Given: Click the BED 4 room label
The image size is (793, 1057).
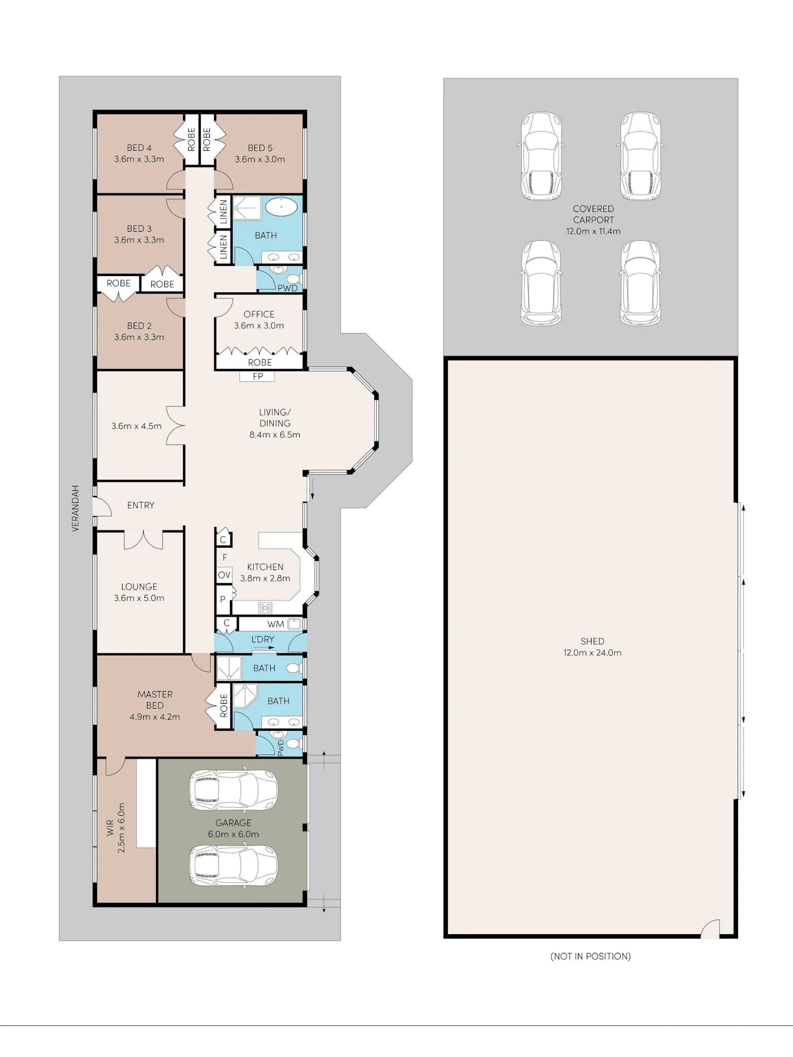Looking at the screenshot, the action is point(139,148).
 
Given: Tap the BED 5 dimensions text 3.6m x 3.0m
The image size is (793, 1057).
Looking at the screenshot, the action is point(260,159).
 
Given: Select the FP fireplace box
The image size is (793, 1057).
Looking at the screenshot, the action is point(257,376).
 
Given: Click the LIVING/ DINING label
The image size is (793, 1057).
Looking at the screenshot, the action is point(275,418).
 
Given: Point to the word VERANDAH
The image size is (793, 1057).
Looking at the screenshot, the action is point(76,508).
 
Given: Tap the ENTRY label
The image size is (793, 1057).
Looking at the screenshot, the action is point(141,505).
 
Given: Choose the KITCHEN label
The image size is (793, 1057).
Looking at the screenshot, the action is point(265,567).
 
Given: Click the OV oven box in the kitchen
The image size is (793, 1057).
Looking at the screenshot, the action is point(224,575).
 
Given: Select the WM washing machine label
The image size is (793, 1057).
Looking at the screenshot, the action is point(276,624).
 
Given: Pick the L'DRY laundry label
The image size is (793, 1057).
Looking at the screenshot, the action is point(263,639).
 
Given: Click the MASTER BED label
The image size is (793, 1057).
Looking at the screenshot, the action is point(155,700).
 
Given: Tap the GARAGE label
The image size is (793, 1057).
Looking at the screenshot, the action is point(234,823).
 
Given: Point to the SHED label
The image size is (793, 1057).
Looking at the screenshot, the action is point(592,641).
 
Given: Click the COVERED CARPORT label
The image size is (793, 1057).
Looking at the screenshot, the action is point(594,214).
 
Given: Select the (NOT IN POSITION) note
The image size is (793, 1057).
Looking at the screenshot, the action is point(591,956).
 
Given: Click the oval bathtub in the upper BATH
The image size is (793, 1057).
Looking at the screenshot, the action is point(281,207).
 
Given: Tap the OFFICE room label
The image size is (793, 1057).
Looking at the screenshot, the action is point(259,314).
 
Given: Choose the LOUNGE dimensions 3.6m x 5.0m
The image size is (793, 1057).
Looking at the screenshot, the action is point(139,598).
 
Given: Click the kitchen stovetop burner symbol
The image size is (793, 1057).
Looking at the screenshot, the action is point(265,608).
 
